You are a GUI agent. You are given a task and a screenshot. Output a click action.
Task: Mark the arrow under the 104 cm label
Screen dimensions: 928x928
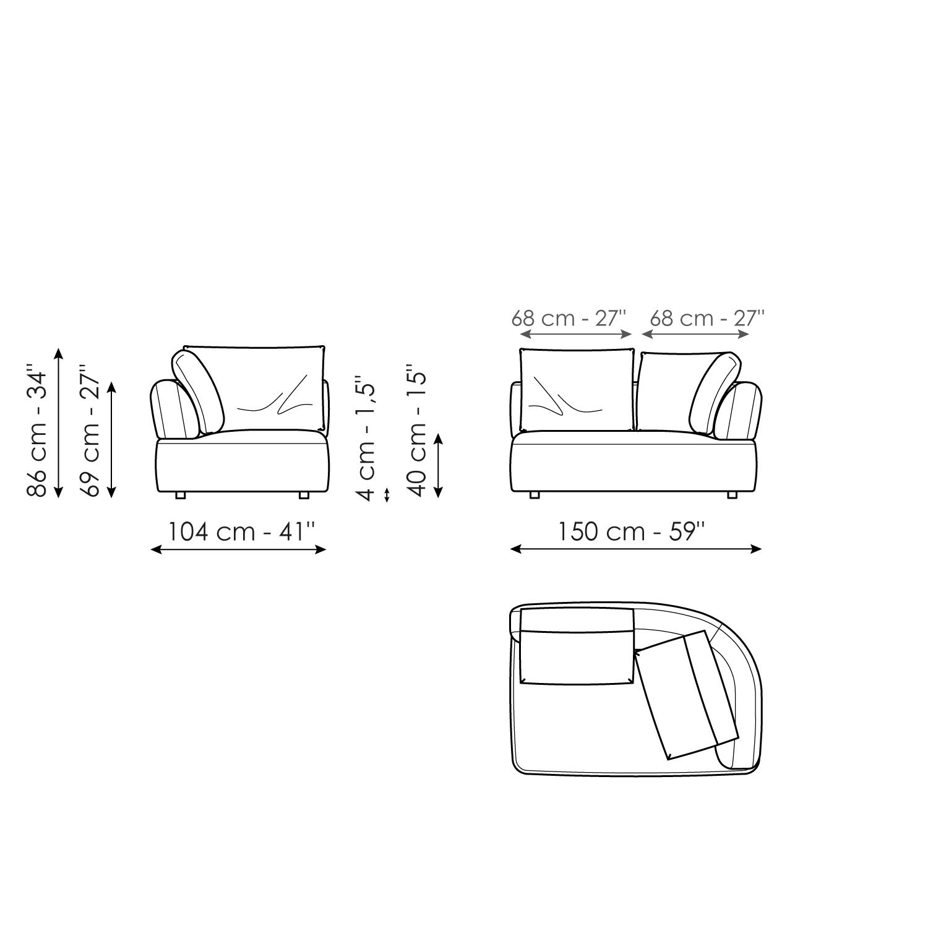click(238, 549)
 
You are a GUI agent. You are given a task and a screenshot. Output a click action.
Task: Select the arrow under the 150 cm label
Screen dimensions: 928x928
click(635, 549)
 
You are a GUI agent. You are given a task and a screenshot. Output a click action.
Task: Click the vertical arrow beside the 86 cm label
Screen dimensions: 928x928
click(58, 423)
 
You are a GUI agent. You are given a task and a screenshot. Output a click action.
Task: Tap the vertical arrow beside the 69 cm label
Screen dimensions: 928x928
click(111, 440)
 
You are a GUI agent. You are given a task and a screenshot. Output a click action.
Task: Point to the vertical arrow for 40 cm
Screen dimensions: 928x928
click(438, 466)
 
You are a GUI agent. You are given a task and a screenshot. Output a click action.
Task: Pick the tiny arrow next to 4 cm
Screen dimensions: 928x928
click(387, 495)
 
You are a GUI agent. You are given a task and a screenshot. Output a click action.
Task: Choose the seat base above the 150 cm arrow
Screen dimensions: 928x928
click(634, 465)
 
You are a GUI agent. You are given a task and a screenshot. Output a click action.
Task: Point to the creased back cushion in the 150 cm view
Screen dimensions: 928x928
click(577, 390)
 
